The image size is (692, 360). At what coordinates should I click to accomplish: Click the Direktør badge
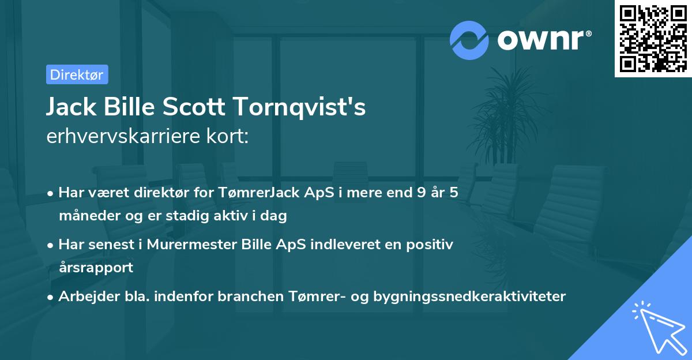pyautogui.click(x=77, y=74)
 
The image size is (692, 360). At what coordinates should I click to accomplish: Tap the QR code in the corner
pyautogui.click(x=653, y=38)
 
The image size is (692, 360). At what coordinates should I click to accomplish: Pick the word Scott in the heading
pyautogui.click(x=191, y=107)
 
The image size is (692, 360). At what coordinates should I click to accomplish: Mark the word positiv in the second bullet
pyautogui.click(x=431, y=245)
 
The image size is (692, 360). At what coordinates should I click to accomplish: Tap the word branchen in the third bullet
pyautogui.click(x=250, y=297)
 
